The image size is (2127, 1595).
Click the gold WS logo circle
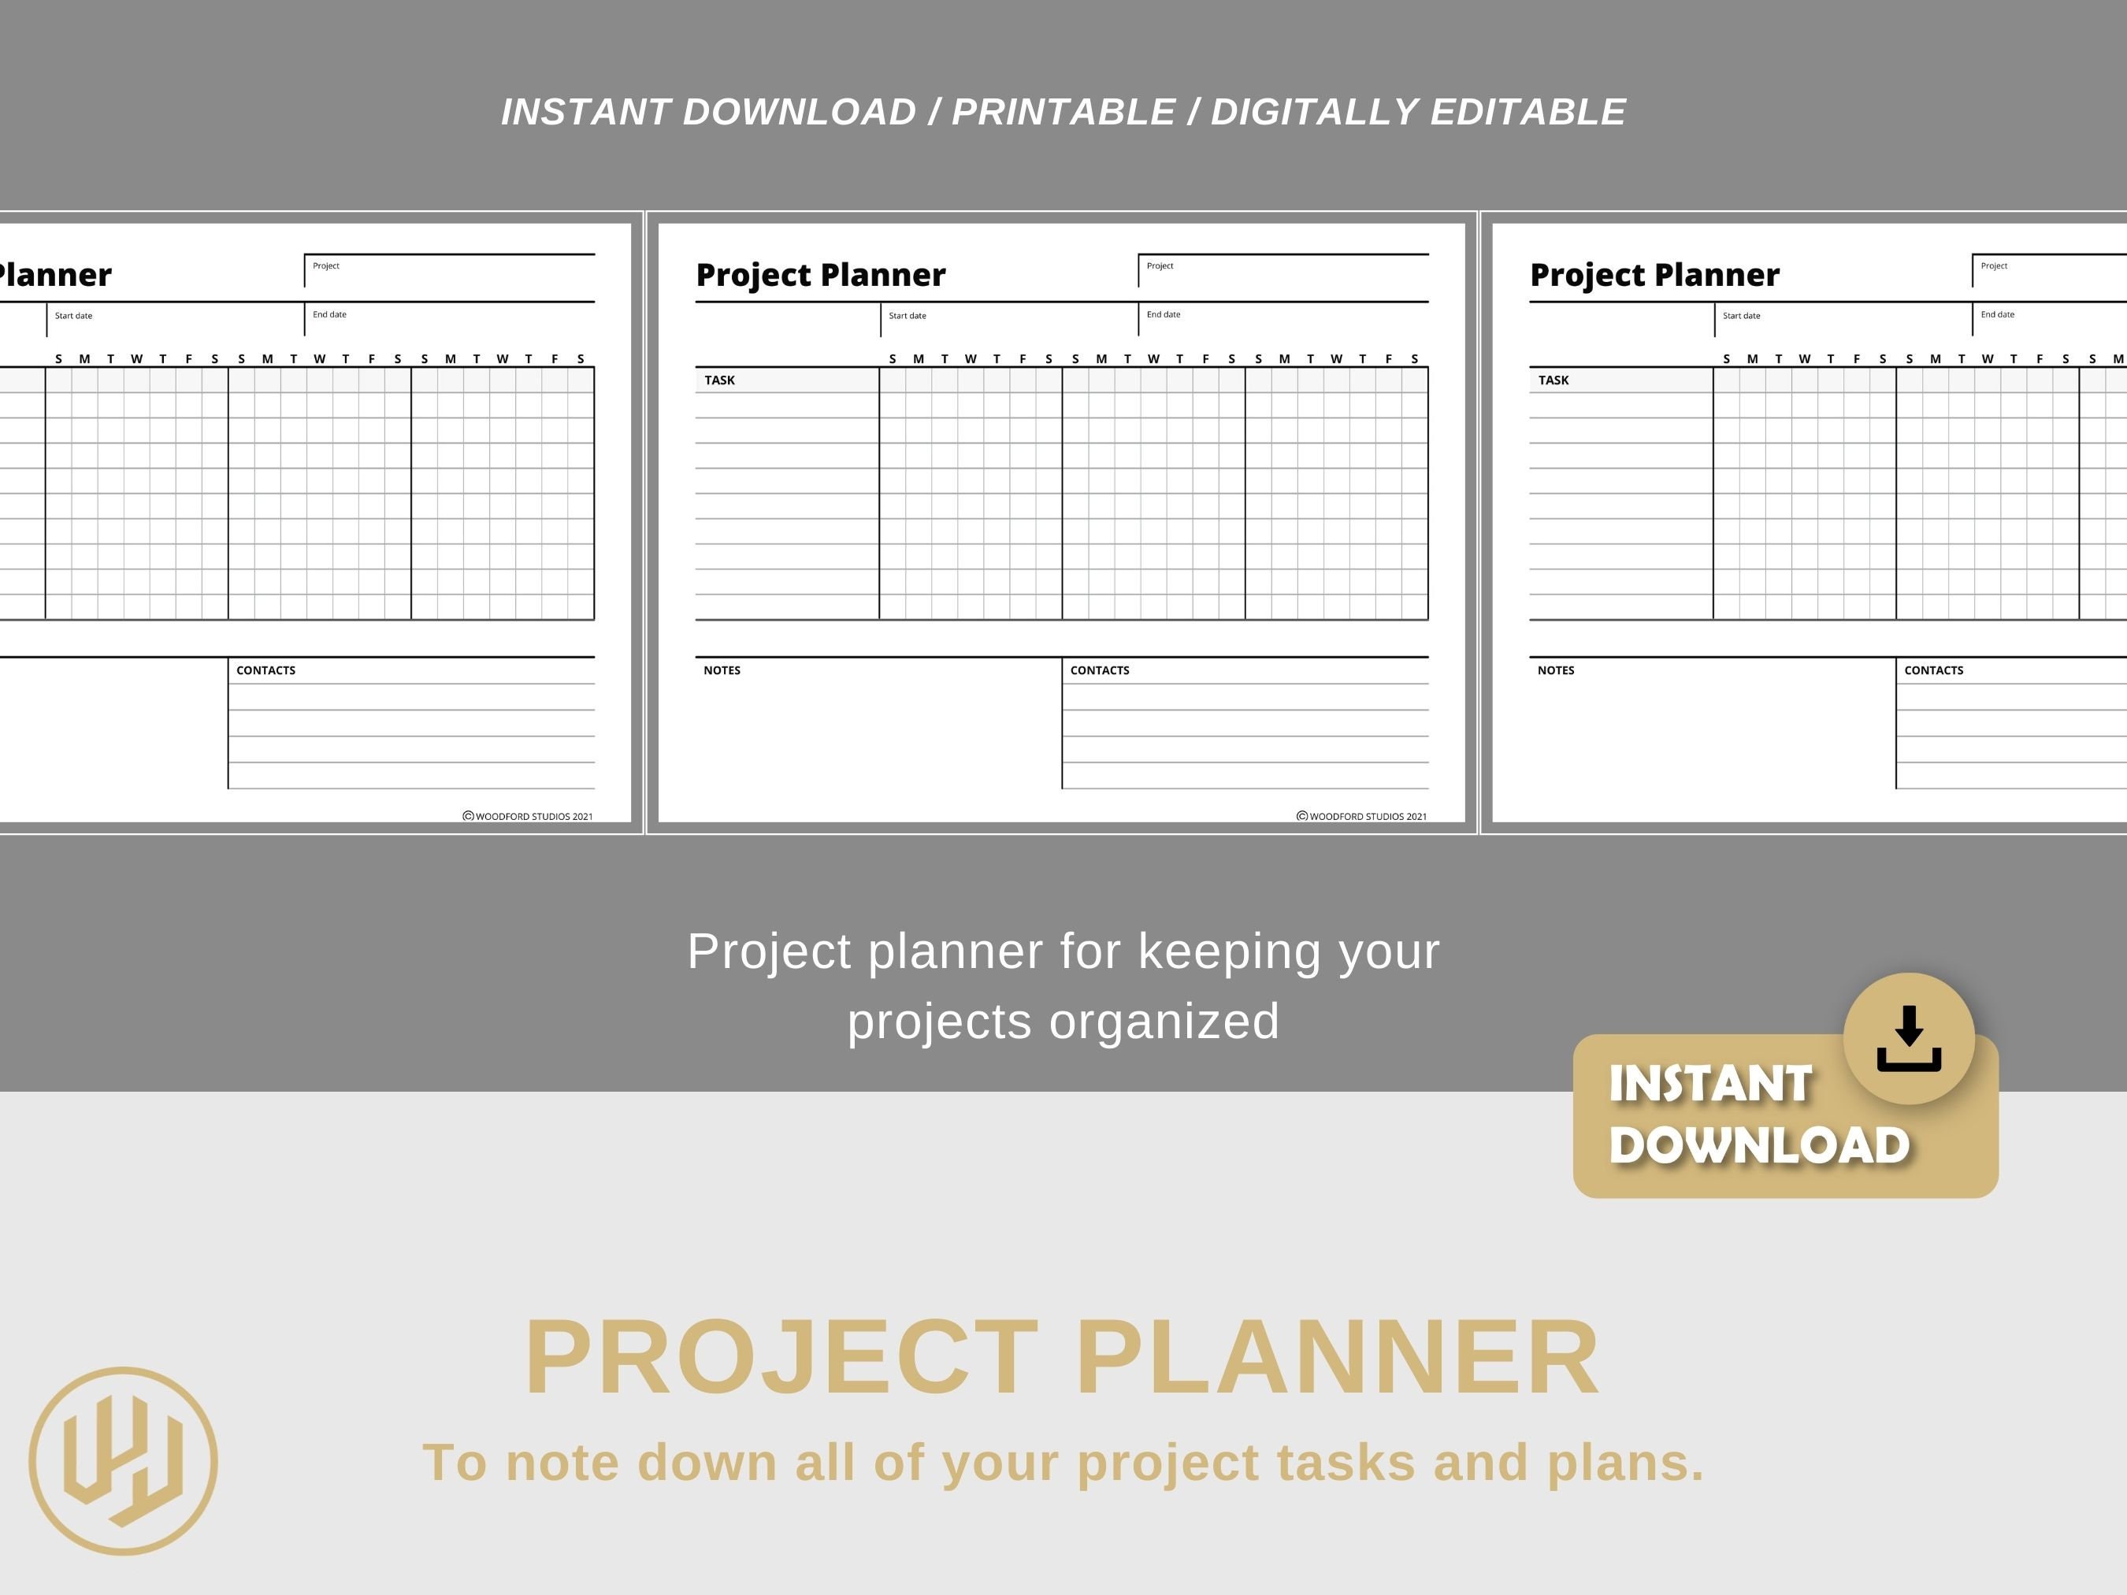(x=123, y=1460)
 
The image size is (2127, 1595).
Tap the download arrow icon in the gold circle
(x=1909, y=1038)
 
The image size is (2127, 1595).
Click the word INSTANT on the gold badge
(x=1710, y=1084)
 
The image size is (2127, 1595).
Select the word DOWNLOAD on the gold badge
(x=1759, y=1145)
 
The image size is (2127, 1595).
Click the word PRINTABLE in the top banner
(x=1063, y=113)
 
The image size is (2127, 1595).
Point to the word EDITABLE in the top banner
(x=1528, y=113)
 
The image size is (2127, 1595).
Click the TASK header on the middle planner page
(x=719, y=380)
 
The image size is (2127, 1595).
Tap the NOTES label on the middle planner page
(x=722, y=671)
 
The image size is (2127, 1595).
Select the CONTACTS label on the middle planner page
(x=1100, y=671)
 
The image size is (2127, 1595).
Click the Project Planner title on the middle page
(x=820, y=275)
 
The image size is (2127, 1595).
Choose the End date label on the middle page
(x=1164, y=314)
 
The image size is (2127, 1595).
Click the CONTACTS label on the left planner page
(x=266, y=671)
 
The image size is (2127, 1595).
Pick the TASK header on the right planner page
(x=1553, y=380)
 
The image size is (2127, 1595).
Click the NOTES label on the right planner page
(x=1556, y=671)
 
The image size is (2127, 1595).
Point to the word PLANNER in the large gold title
(x=1337, y=1358)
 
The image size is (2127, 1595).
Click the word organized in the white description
(x=1164, y=1021)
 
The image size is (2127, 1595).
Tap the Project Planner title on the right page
(x=1654, y=275)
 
